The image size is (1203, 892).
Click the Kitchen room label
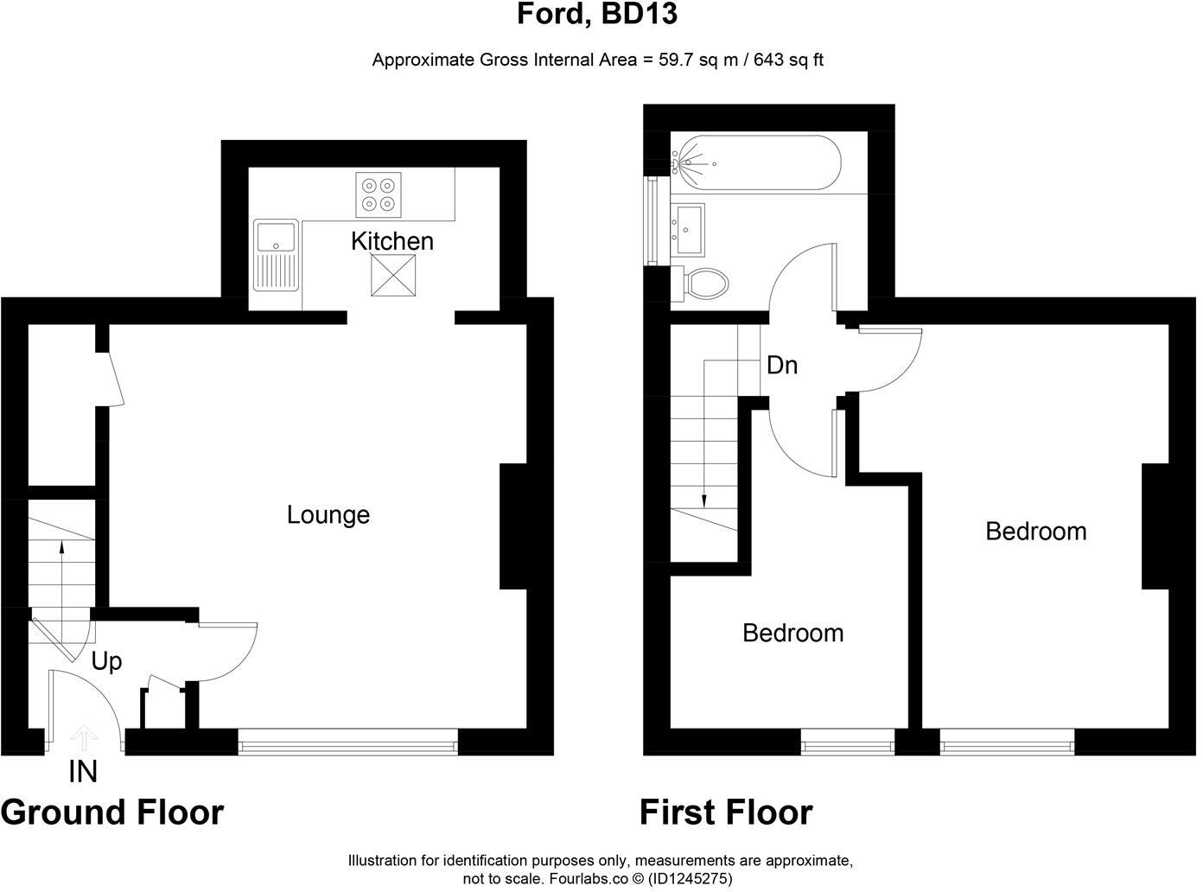tap(391, 241)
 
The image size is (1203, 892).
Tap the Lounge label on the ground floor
tap(328, 515)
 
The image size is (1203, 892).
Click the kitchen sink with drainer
tap(276, 255)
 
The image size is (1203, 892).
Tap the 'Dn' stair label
tap(781, 366)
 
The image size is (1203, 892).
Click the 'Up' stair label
tap(106, 662)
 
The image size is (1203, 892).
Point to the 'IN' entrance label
tap(83, 772)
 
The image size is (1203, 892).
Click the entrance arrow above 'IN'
tap(84, 737)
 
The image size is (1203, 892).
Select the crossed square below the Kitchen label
tap(391, 276)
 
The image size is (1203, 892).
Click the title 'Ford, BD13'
tap(596, 15)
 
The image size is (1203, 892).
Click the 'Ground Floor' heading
tap(112, 813)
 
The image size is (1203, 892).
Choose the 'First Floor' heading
tap(726, 813)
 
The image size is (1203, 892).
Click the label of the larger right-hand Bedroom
tap(1035, 531)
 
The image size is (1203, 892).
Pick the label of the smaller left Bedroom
tap(792, 633)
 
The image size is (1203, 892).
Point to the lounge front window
tap(348, 742)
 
